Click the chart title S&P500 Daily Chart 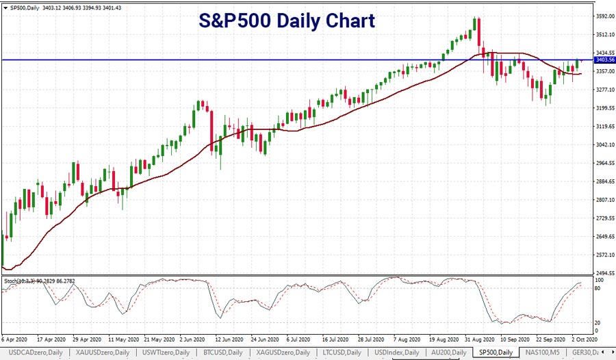point(287,21)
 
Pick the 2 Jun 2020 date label point(192,339)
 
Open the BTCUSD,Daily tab point(222,352)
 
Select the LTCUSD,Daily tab point(342,352)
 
